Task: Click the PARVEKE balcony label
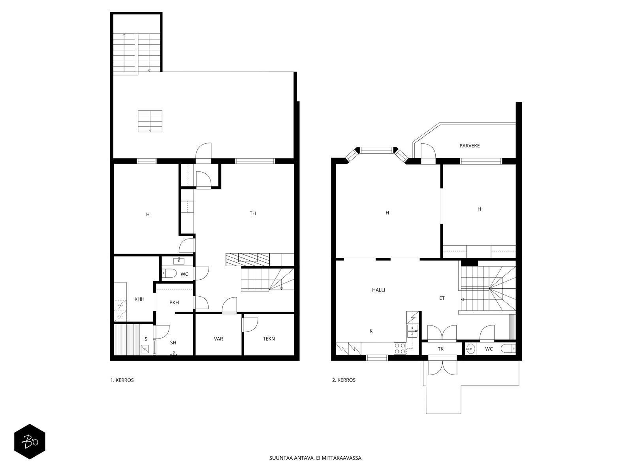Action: click(x=469, y=146)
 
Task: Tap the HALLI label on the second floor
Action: click(x=378, y=290)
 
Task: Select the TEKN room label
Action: click(x=269, y=339)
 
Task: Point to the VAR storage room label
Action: click(x=218, y=339)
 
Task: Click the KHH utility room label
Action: click(x=139, y=299)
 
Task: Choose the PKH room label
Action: click(x=174, y=302)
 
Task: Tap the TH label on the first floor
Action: click(x=252, y=213)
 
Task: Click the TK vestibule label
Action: click(x=440, y=349)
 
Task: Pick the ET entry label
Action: click(x=442, y=298)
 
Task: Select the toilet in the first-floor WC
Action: click(x=169, y=273)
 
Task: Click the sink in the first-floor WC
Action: click(x=179, y=261)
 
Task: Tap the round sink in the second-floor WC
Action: click(x=470, y=349)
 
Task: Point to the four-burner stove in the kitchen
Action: click(x=400, y=348)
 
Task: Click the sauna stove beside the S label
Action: click(x=145, y=349)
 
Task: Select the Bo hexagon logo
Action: click(x=30, y=442)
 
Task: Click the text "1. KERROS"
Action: click(x=122, y=380)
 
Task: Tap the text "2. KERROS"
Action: click(x=344, y=380)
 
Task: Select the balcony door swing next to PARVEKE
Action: click(x=428, y=151)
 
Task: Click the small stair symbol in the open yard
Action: click(x=150, y=121)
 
